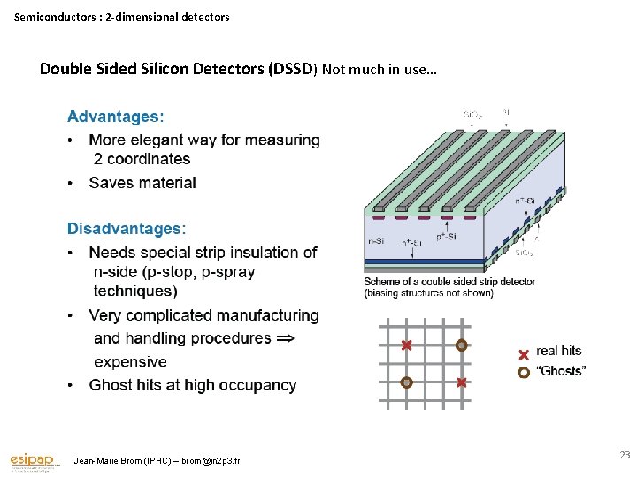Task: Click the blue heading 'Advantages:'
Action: (x=116, y=116)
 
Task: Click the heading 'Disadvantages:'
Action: (x=127, y=229)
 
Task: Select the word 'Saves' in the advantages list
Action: (x=110, y=183)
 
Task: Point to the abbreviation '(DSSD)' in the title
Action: (x=292, y=69)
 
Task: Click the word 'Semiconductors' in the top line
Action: (x=55, y=17)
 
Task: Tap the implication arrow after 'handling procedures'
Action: (x=286, y=338)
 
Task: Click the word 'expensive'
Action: (x=130, y=361)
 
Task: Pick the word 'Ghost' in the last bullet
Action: (x=111, y=385)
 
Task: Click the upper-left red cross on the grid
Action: (x=406, y=345)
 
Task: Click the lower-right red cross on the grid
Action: (x=461, y=382)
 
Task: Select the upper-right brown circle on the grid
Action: (x=461, y=345)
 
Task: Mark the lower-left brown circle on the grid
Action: (x=406, y=382)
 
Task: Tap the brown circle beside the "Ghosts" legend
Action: (x=524, y=372)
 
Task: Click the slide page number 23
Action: (x=625, y=455)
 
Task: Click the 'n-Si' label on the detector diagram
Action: (x=375, y=240)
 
